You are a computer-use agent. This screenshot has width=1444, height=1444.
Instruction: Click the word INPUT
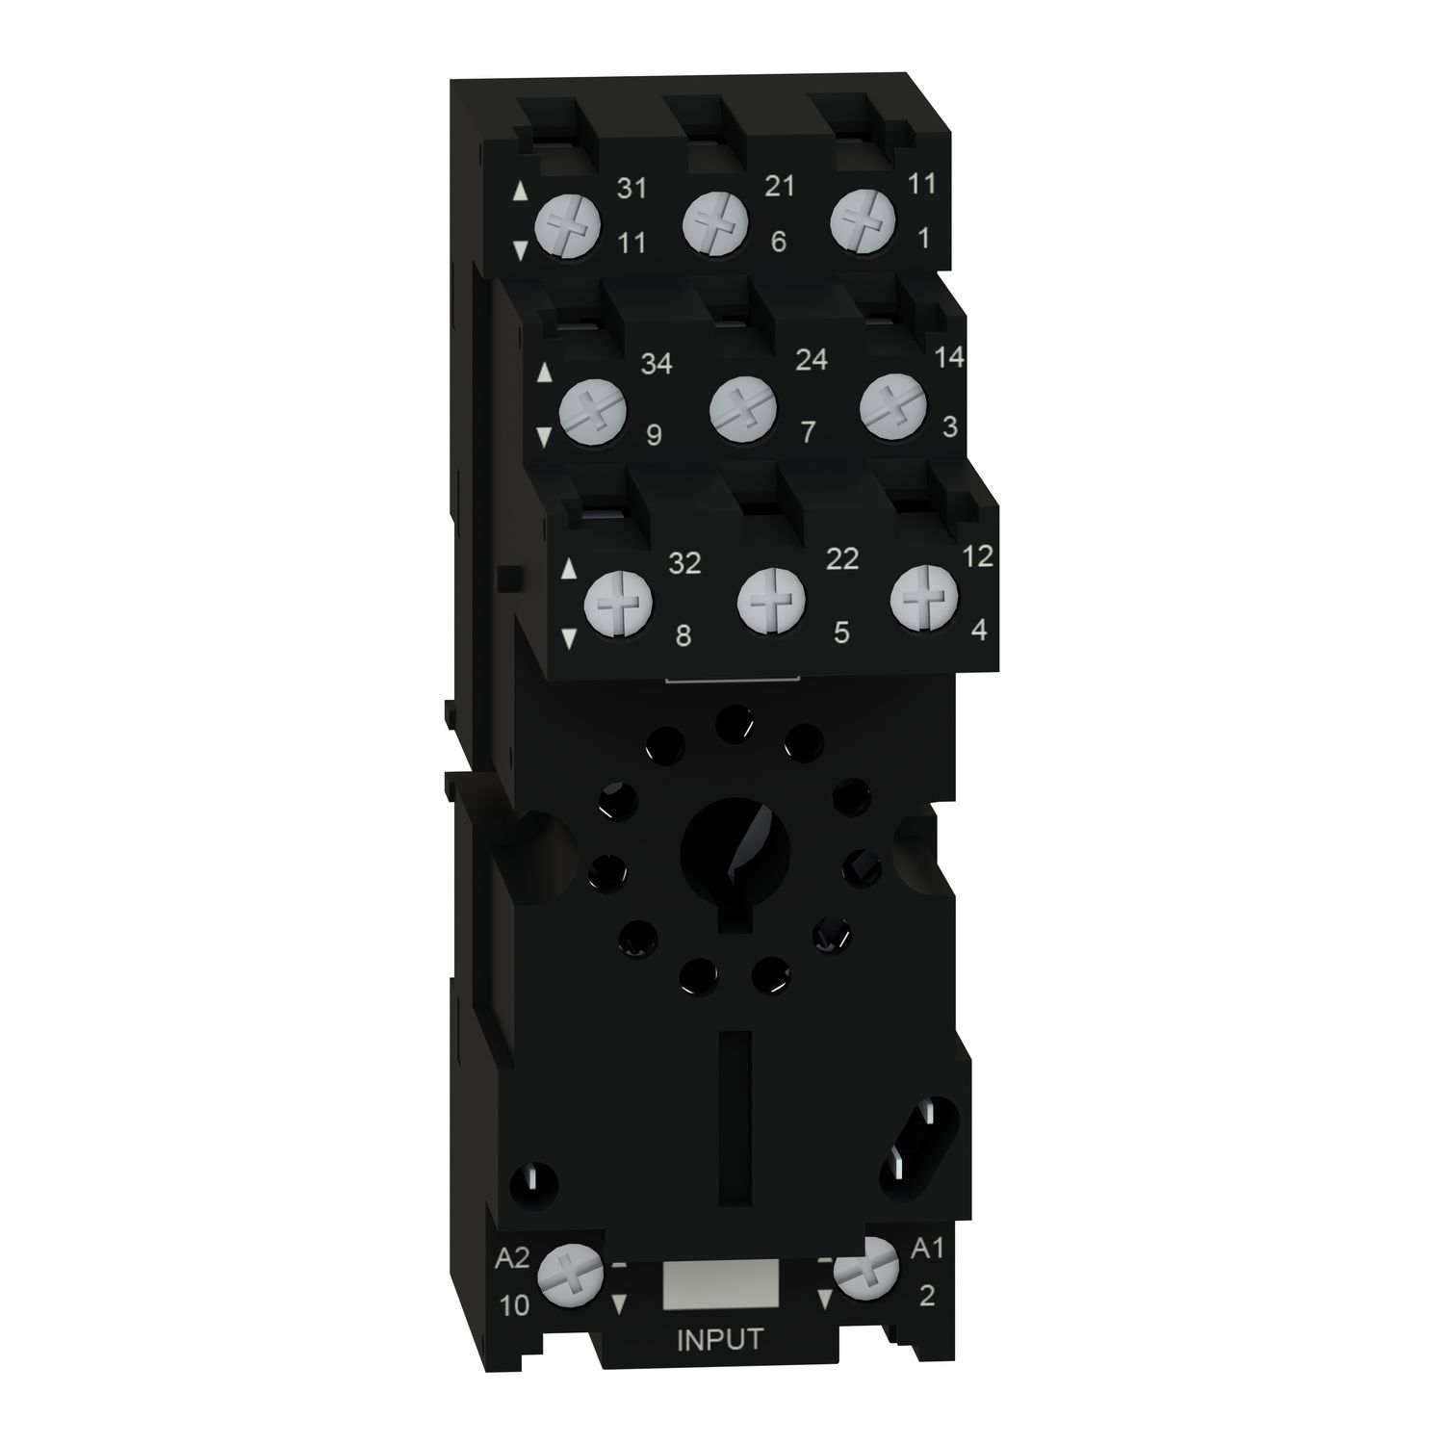(720, 1340)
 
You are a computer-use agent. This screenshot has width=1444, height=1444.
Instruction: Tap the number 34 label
(657, 364)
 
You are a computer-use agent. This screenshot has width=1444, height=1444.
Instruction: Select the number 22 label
(841, 558)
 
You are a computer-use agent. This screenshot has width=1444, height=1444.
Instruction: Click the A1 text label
(926, 1250)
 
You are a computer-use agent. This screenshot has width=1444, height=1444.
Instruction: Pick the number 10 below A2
(515, 1304)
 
